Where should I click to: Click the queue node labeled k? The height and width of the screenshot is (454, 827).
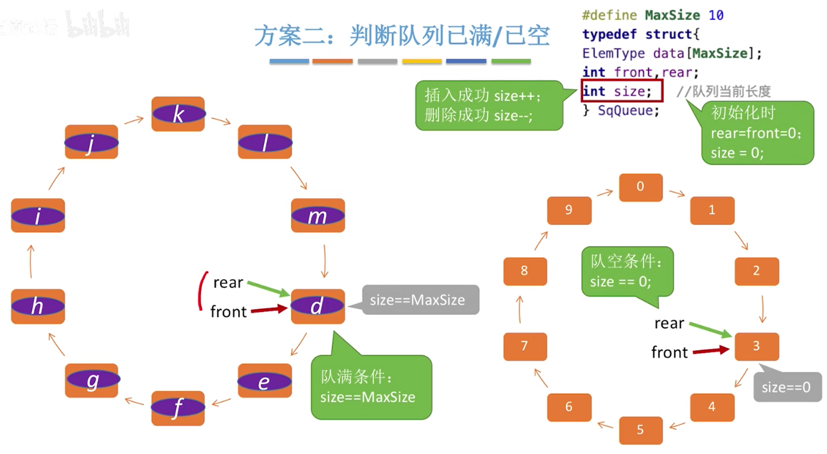tap(178, 114)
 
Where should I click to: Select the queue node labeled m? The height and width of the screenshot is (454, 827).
tap(318, 216)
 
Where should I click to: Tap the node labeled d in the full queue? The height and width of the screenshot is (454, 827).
tap(318, 306)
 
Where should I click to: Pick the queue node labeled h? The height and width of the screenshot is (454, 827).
tap(38, 306)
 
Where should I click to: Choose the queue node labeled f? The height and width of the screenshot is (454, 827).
tap(178, 408)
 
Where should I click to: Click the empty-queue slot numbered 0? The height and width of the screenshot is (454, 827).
tap(640, 187)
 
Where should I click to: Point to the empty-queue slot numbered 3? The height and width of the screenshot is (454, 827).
tap(756, 346)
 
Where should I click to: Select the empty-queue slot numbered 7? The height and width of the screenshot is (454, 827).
tap(525, 346)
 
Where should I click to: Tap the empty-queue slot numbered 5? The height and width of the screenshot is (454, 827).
tap(640, 430)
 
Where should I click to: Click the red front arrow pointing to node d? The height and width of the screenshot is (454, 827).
tap(269, 310)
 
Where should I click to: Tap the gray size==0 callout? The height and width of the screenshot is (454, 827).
tap(787, 387)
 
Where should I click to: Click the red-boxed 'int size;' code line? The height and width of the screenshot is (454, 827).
tap(621, 91)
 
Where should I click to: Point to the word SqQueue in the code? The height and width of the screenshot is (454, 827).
tap(628, 111)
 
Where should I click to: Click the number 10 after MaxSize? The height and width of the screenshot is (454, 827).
tap(716, 15)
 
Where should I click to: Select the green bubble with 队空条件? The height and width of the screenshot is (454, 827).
tap(627, 272)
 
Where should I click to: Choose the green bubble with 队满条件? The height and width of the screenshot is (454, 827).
tap(371, 387)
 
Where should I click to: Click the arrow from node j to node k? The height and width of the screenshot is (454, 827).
tap(134, 120)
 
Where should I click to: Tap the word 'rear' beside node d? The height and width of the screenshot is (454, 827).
tap(228, 283)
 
